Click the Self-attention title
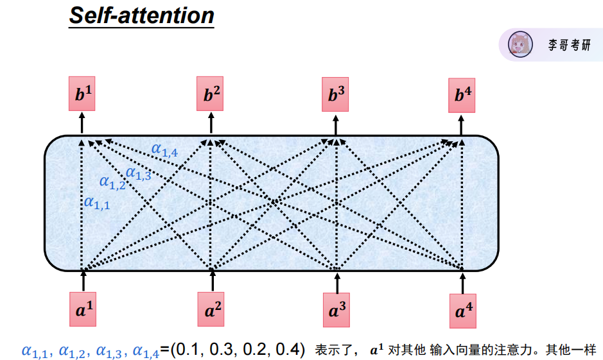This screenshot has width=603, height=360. click(141, 15)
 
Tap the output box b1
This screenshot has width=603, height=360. click(82, 96)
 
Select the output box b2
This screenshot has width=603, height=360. click(212, 96)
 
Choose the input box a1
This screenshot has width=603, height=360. click(83, 311)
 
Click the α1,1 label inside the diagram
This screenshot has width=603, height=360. click(97, 203)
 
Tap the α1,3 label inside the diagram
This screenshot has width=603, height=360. click(138, 173)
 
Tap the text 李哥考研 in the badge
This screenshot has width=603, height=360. click(568, 46)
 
